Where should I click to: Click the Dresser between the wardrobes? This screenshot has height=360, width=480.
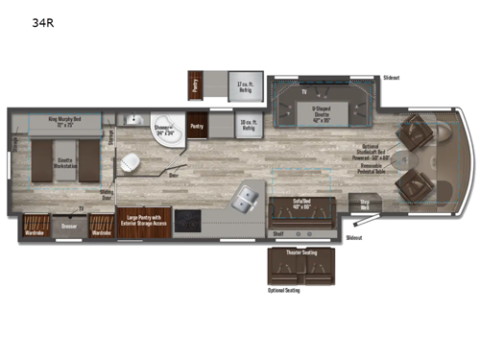point(68,228)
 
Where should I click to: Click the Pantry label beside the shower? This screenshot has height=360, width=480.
point(197,126)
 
